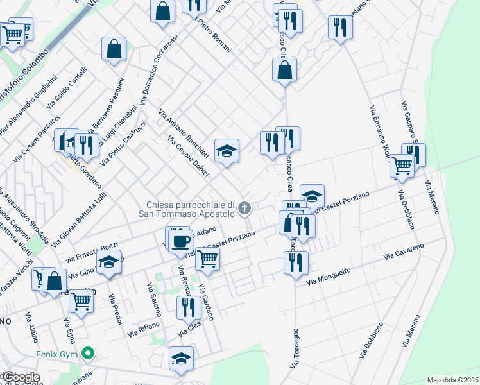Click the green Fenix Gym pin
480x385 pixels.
click(89, 354)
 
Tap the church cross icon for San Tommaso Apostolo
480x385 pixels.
click(244, 209)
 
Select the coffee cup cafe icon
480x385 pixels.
click(180, 241)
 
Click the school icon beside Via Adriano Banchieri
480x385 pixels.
click(226, 151)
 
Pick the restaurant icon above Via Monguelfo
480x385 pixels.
click(296, 262)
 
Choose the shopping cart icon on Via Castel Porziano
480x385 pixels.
click(207, 259)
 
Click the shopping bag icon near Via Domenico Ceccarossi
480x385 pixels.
click(114, 49)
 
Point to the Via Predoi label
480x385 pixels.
click(115, 309)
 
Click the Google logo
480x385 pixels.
click(21, 377)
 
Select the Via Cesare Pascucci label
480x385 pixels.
click(31, 137)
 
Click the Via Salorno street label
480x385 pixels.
click(153, 300)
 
